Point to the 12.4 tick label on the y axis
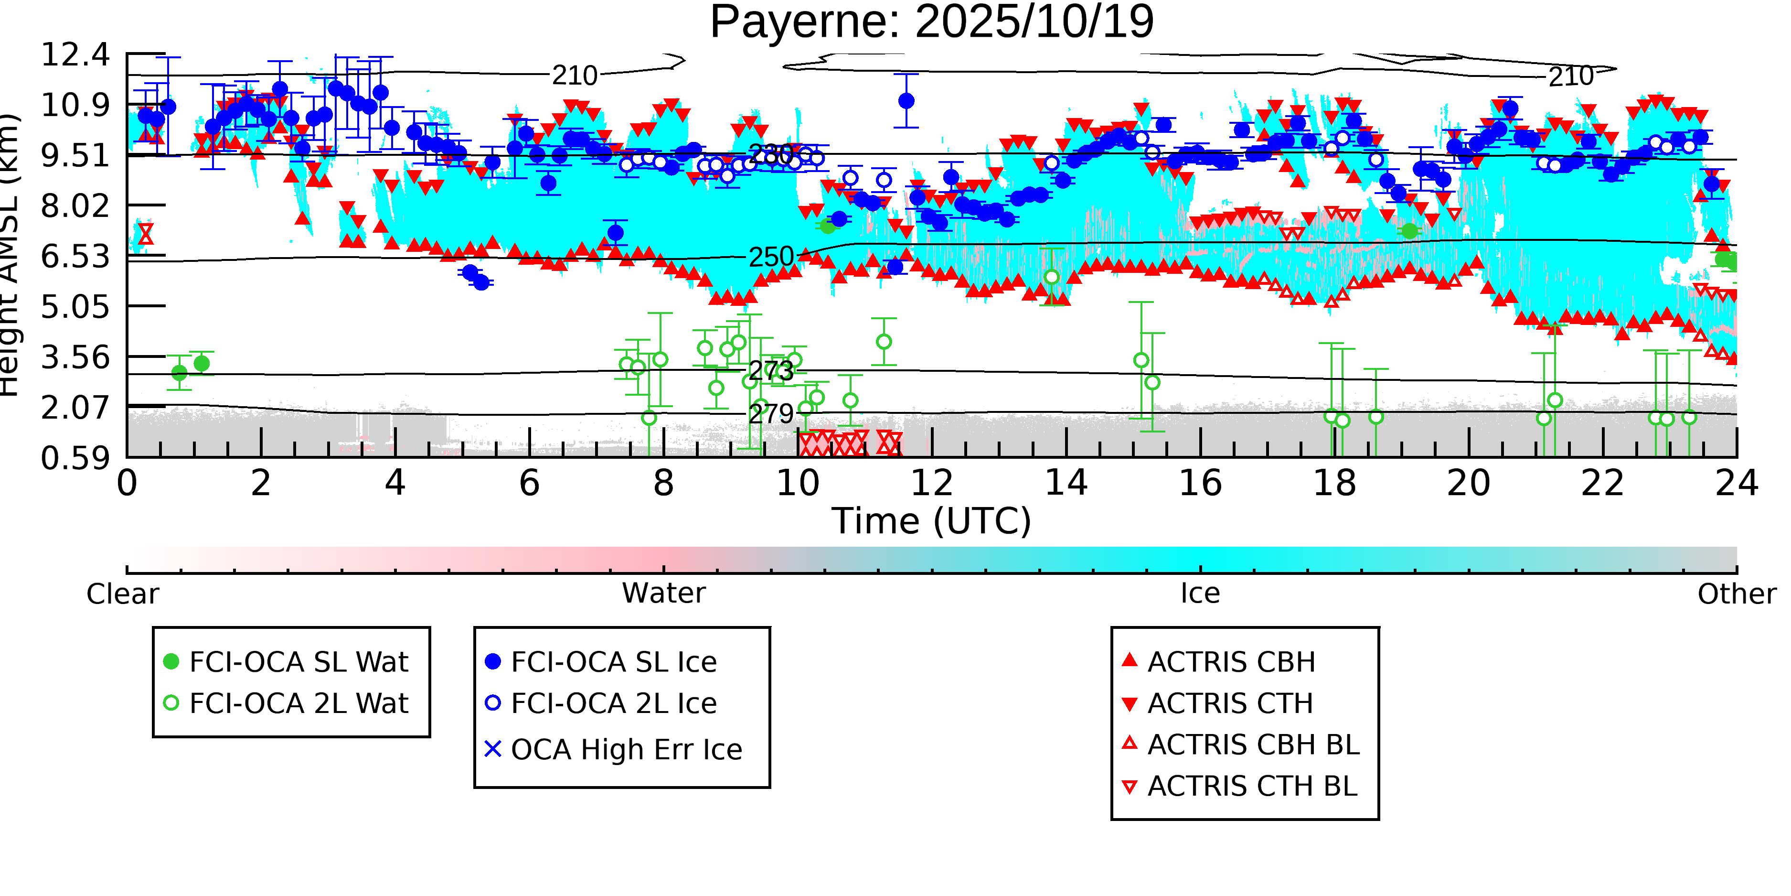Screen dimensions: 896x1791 tap(75, 55)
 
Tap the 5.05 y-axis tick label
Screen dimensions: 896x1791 tap(75, 307)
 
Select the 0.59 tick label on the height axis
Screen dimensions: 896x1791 tap(75, 458)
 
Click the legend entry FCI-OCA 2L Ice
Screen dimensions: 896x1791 tap(613, 704)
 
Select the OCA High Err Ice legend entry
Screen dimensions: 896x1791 tap(626, 750)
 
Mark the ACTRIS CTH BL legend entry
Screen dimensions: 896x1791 tap(1251, 787)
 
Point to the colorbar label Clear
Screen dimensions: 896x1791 tap(122, 594)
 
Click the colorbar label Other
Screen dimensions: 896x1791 tap(1736, 594)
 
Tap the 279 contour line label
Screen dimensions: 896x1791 tap(770, 415)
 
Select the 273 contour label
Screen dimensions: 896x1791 tap(770, 371)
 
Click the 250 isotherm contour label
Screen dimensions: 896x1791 tap(770, 258)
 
